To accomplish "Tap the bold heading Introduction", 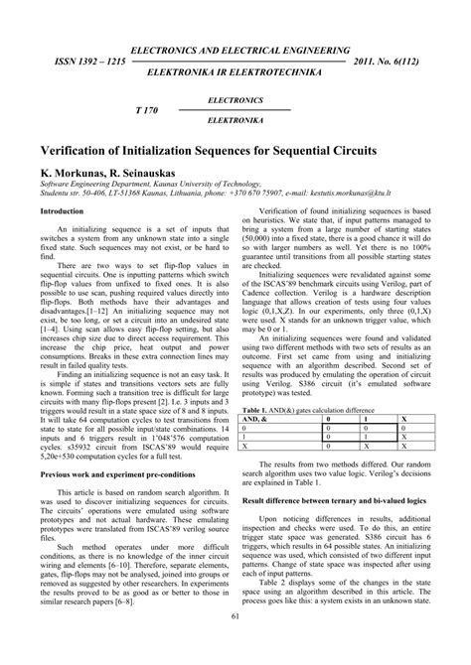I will coord(62,212).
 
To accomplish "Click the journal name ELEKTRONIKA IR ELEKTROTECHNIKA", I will coord(235,74).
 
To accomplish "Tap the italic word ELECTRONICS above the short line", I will coord(235,100).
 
